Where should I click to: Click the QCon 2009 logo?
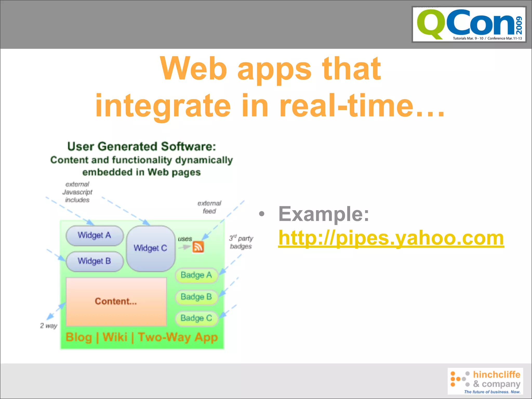(x=469, y=24)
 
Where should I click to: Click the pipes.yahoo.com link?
(x=391, y=238)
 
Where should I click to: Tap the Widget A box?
(x=95, y=235)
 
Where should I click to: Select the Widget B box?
(x=95, y=261)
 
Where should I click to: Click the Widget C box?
(x=150, y=248)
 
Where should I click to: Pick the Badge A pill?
(x=196, y=275)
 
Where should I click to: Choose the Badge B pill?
(x=196, y=297)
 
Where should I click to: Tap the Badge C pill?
(x=196, y=318)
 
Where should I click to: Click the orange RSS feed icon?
(x=198, y=247)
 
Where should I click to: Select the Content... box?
(x=116, y=301)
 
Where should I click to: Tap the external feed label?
(x=209, y=207)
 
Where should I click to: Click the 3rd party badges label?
(x=241, y=242)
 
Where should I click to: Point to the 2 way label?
(x=49, y=326)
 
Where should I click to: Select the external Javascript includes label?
(x=77, y=192)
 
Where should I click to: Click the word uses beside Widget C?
(x=185, y=239)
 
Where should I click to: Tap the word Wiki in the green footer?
(x=115, y=337)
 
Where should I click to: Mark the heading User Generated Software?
(x=142, y=147)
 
